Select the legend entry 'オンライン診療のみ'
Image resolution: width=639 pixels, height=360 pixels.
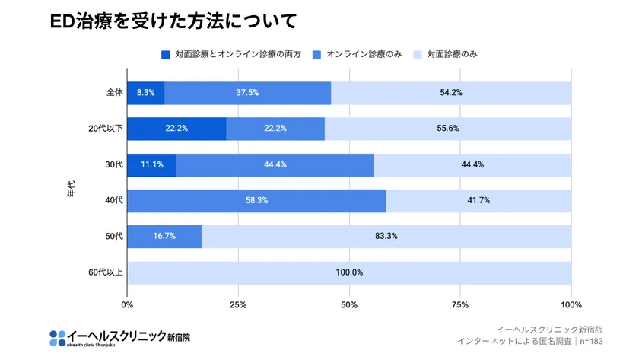pos(364,55)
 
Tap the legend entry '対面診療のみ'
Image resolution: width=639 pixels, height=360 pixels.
pos(452,55)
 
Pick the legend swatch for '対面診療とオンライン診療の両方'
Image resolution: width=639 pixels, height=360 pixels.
pos(165,55)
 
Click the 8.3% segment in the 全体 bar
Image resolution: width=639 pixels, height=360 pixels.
pos(145,93)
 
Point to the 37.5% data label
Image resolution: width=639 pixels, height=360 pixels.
pos(247,93)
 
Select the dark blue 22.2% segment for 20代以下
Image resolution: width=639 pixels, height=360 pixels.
pos(176,129)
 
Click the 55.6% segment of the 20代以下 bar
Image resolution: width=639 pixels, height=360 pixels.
pos(448,129)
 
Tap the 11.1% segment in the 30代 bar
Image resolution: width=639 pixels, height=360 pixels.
pos(151,165)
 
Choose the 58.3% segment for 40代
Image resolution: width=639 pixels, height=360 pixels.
pos(256,201)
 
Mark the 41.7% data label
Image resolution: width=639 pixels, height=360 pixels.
pos(478,201)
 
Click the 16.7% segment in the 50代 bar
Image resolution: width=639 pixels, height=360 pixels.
pos(164,237)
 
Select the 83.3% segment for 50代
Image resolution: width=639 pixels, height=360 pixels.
pos(386,237)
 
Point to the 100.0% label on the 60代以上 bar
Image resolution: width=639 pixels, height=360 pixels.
pos(349,272)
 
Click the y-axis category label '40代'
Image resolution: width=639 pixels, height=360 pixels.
pos(114,201)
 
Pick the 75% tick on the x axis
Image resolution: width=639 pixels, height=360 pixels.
pos(459,305)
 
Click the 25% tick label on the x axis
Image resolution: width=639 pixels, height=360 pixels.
pos(238,305)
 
